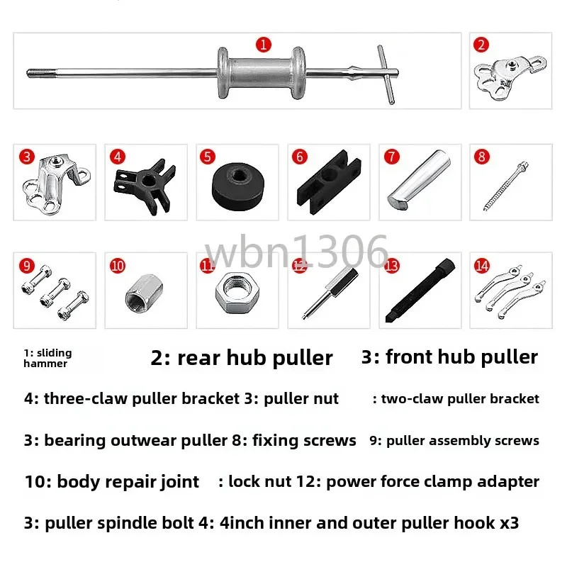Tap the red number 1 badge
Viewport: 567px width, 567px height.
coord(264,45)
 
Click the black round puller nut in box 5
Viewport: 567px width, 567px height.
coord(236,186)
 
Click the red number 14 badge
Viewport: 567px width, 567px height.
coord(483,266)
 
